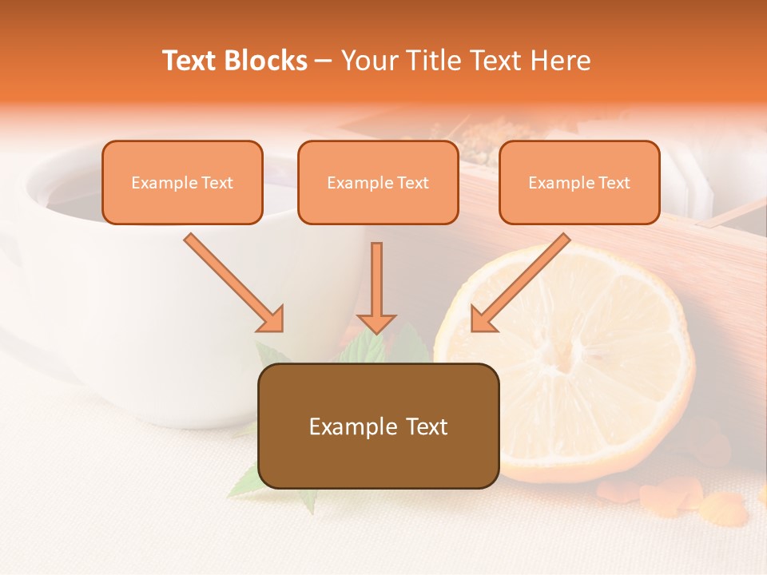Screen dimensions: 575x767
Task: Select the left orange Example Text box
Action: pos(182,183)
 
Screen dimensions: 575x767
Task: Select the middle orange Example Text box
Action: pos(378,183)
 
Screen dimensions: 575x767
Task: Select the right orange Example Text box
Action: pos(579,183)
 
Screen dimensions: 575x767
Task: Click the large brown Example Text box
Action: pos(379,426)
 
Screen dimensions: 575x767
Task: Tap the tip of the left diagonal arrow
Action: pos(281,329)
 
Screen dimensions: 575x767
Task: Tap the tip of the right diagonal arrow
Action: pos(473,329)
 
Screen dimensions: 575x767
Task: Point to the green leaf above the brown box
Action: pos(364,347)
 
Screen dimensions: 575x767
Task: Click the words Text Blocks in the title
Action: pos(235,61)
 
